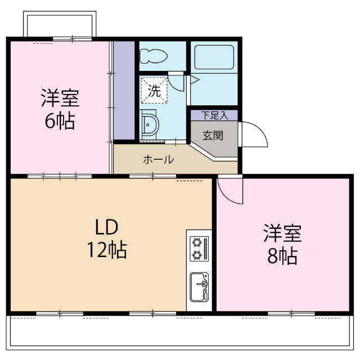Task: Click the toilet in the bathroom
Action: pos(154,56)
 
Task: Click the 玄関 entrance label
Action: pos(213,135)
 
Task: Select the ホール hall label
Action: pos(158,160)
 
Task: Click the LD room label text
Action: pos(105,227)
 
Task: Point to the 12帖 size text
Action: pos(106,249)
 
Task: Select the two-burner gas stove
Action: pos(199,248)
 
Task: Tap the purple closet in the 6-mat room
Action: pos(124,90)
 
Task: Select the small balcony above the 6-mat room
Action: pos(58,25)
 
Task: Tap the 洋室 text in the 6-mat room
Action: pos(59,98)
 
